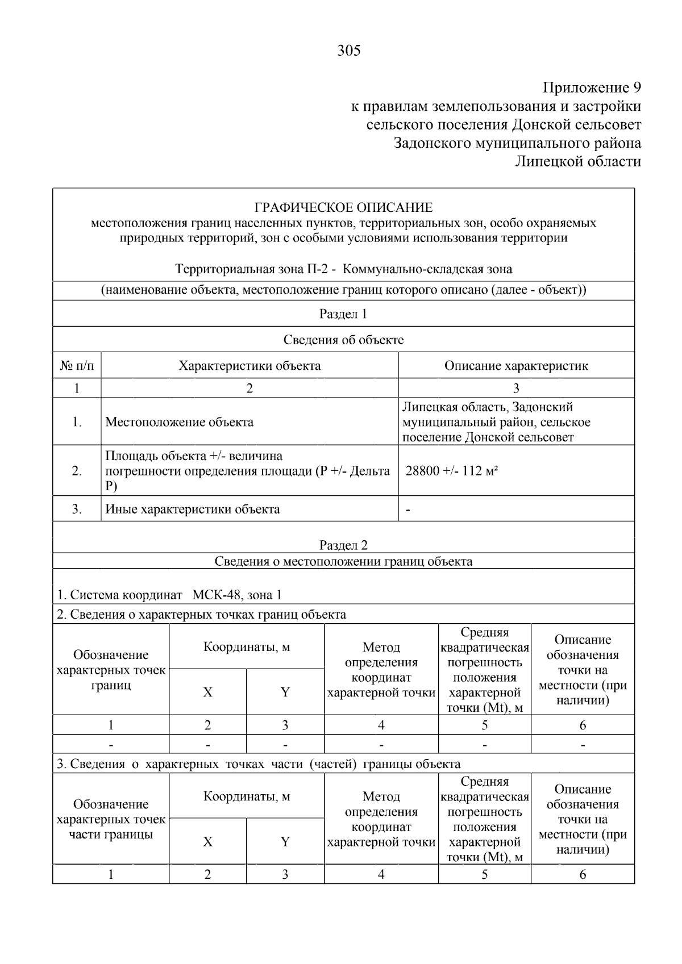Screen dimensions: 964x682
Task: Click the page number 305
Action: [348, 51]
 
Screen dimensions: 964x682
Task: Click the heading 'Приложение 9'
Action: [591, 87]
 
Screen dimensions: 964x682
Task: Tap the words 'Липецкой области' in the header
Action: [577, 161]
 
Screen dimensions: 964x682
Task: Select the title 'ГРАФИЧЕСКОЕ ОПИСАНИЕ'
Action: [343, 207]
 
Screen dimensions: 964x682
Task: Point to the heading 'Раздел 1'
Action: [343, 314]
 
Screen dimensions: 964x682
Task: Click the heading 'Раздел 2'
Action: [343, 545]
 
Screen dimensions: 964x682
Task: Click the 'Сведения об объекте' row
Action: [343, 340]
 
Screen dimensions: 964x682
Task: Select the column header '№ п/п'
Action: [77, 366]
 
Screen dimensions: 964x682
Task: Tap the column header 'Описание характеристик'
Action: [515, 366]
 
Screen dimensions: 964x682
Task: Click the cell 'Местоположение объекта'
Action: [180, 422]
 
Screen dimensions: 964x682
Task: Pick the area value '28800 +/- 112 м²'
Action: [452, 471]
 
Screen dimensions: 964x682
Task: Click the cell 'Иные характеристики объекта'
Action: [193, 509]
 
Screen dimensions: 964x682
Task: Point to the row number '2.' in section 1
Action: [77, 471]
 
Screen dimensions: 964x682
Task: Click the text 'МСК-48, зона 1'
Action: [237, 595]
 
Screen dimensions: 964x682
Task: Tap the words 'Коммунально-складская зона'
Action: [427, 269]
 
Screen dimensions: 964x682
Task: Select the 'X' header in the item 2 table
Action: [207, 692]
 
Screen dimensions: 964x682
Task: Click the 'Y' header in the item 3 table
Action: [285, 841]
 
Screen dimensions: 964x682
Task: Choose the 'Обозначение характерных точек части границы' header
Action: [111, 819]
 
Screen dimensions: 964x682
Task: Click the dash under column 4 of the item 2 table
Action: [381, 744]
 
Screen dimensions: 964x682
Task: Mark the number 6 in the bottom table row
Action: [583, 874]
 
